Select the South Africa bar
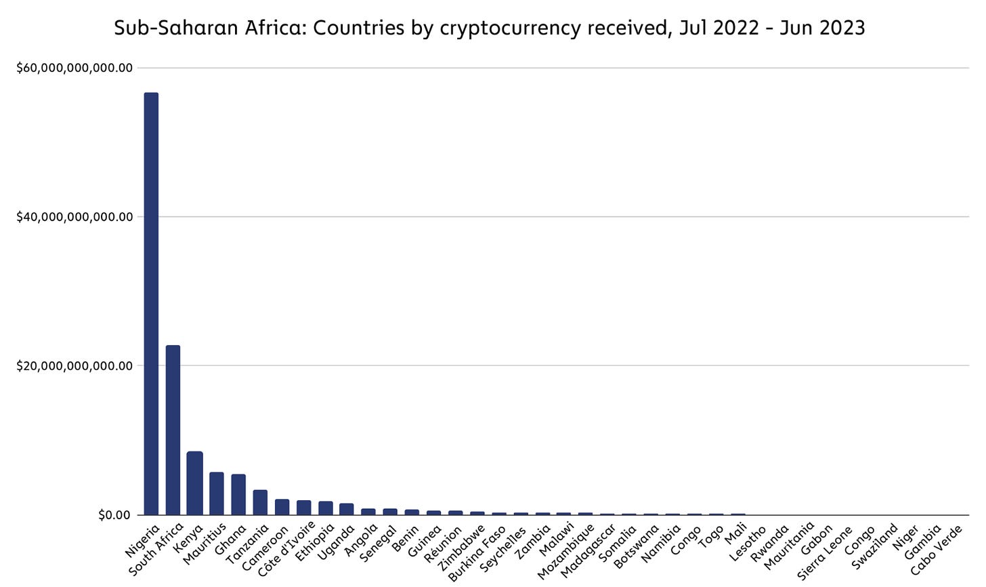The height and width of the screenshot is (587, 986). coord(173,430)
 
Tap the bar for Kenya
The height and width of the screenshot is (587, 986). coord(195,483)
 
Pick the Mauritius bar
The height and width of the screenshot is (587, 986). coord(217,493)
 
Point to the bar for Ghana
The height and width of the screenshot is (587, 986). coord(238,494)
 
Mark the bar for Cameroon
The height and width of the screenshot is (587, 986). coord(282,506)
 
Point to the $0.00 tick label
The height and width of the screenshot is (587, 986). coord(114,515)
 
